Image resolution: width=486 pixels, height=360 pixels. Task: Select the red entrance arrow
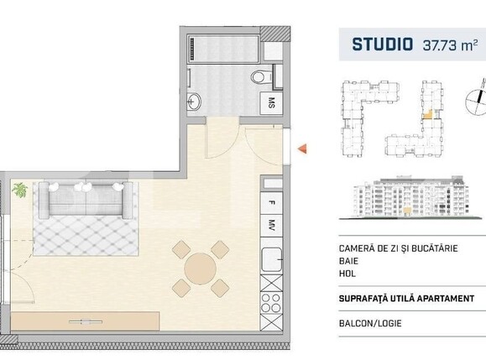coord(302,150)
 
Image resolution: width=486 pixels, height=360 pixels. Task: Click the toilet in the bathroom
coord(262,78)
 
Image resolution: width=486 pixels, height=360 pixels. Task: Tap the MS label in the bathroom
coord(271,104)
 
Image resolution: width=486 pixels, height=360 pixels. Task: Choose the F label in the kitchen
coord(271,202)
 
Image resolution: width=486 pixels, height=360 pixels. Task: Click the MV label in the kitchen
coord(271,225)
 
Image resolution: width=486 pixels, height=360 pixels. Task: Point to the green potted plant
coord(18,191)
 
